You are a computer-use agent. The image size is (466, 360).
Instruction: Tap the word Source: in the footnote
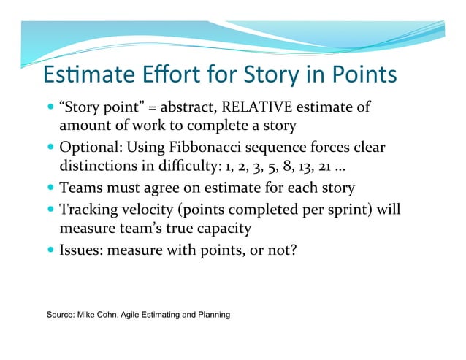click(x=62, y=314)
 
